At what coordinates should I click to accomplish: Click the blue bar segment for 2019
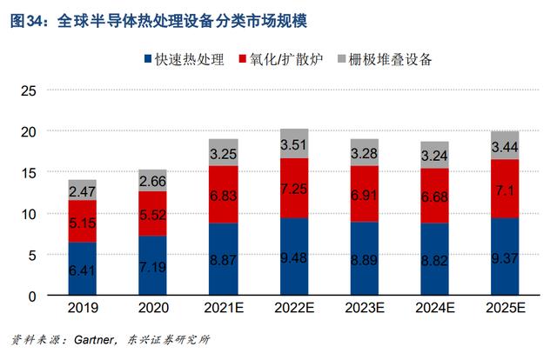(x=83, y=269)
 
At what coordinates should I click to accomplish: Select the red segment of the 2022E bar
(x=294, y=188)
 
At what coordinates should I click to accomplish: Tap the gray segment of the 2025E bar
(x=505, y=145)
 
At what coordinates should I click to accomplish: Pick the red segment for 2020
(x=153, y=213)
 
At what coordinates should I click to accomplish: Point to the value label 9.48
(x=294, y=257)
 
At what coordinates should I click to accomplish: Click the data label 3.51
(x=294, y=144)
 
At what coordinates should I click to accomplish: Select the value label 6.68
(x=434, y=197)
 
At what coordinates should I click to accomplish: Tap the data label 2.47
(x=83, y=191)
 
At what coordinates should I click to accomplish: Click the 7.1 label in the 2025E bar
(x=505, y=191)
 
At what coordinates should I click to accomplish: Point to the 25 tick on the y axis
(x=29, y=90)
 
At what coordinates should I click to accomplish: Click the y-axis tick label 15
(x=29, y=173)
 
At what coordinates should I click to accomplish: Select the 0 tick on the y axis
(x=32, y=297)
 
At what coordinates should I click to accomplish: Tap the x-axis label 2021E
(x=224, y=308)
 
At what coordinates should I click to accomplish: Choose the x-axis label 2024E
(x=435, y=308)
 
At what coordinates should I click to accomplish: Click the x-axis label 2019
(x=83, y=308)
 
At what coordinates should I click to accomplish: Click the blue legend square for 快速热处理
(x=148, y=58)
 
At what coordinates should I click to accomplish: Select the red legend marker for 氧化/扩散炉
(x=243, y=58)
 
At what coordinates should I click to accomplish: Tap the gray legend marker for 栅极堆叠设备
(x=341, y=58)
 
